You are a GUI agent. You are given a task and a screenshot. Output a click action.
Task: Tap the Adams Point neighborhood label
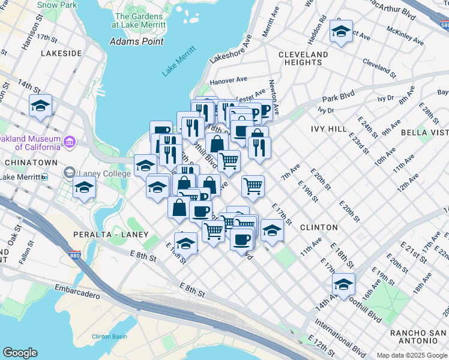(137, 41)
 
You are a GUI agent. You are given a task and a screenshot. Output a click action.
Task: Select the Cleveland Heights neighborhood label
(303, 58)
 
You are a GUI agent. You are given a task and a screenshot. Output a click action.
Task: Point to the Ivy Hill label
(329, 128)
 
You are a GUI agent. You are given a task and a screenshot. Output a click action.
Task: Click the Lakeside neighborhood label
(61, 53)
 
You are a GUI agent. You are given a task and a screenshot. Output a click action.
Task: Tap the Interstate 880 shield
(74, 255)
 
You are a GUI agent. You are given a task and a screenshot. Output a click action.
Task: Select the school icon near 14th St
(41, 107)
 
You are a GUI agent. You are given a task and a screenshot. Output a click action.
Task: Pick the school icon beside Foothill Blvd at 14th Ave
(343, 284)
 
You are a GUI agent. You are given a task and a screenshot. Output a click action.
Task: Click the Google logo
(20, 353)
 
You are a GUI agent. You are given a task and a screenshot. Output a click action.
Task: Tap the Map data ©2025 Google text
(412, 355)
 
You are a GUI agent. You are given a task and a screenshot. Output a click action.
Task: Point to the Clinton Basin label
(109, 337)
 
